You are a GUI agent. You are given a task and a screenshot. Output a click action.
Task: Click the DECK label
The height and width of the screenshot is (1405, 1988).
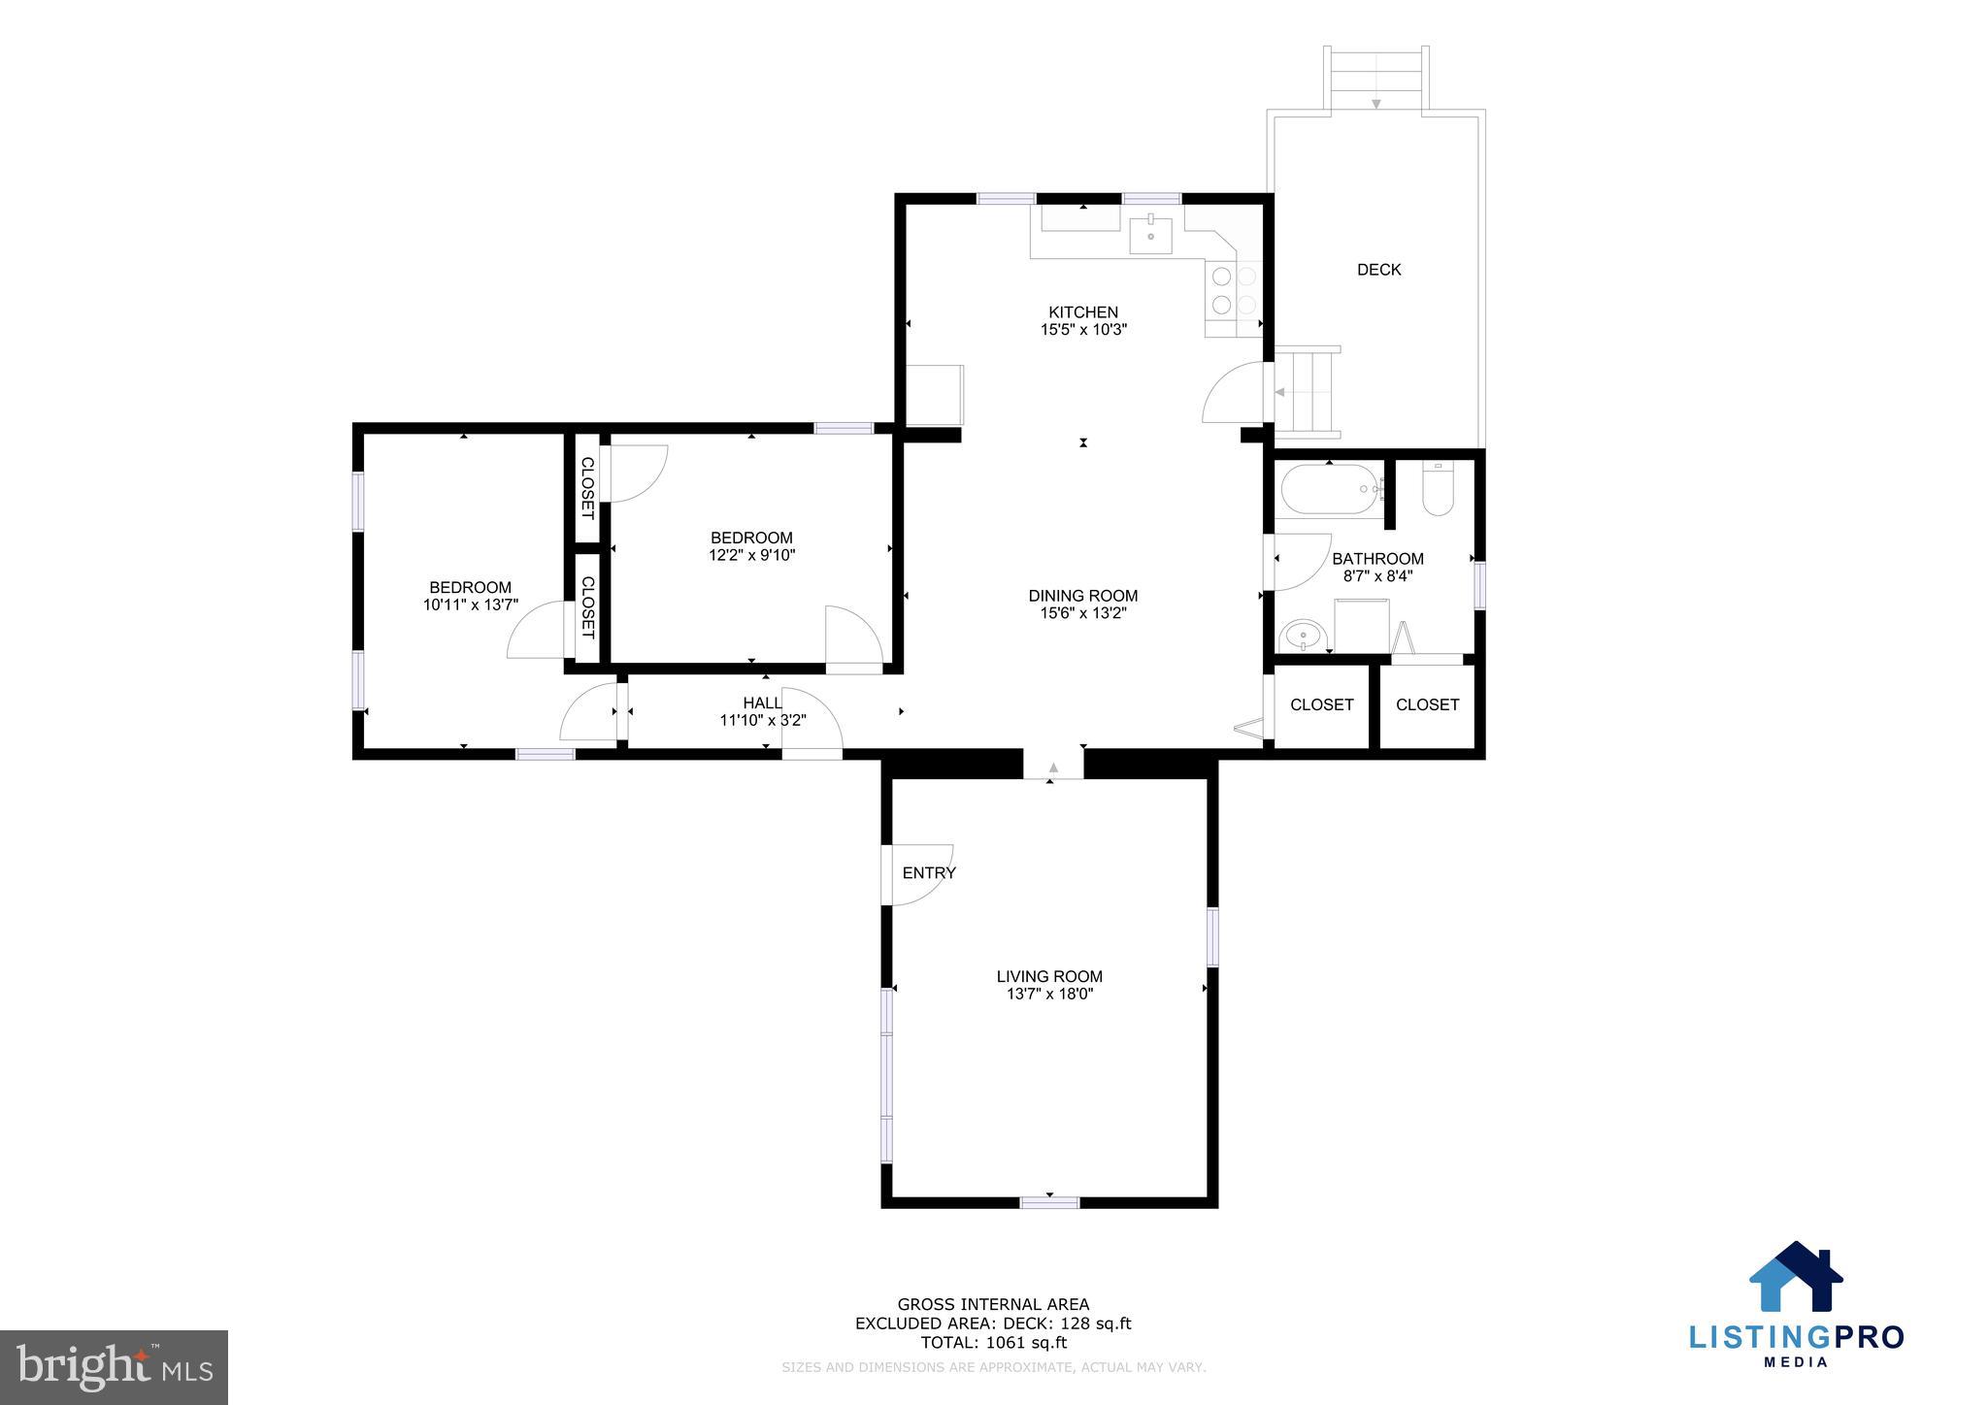pyautogui.click(x=1378, y=270)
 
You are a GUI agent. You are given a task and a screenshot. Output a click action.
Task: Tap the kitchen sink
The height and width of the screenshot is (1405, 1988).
pyautogui.click(x=1150, y=236)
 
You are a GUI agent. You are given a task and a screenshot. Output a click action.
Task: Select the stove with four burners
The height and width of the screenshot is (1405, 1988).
pyautogui.click(x=1233, y=290)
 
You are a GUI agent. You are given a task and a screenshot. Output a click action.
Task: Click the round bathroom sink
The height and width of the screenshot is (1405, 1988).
pyautogui.click(x=1302, y=637)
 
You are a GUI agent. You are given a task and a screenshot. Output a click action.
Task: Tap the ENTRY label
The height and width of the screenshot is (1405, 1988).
pyautogui.click(x=929, y=873)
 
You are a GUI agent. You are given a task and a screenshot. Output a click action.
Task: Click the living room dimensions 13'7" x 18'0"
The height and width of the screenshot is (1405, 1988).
pyautogui.click(x=1049, y=995)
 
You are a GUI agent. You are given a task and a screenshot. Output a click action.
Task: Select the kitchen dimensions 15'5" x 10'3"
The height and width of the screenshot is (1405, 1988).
pyautogui.click(x=1083, y=330)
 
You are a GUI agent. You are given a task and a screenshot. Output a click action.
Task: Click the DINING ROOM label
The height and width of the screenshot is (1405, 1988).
pyautogui.click(x=1082, y=596)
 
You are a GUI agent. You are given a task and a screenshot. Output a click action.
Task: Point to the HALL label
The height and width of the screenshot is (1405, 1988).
pyautogui.click(x=762, y=702)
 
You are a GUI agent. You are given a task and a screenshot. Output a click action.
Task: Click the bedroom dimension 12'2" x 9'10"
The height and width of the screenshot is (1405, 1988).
pyautogui.click(x=751, y=556)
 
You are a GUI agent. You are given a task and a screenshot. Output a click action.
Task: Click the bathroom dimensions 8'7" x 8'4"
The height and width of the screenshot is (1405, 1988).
pyautogui.click(x=1377, y=576)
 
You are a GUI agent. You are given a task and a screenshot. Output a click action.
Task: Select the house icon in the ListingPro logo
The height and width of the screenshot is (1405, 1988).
pyautogui.click(x=1796, y=1277)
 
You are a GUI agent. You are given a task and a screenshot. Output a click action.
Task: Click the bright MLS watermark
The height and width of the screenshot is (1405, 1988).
pyautogui.click(x=114, y=1367)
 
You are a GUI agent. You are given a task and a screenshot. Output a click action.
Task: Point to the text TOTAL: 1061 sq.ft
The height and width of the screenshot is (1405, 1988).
pyautogui.click(x=993, y=1343)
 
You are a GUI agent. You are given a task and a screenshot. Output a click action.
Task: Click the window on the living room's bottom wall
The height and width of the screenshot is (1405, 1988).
pyautogui.click(x=1049, y=1202)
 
